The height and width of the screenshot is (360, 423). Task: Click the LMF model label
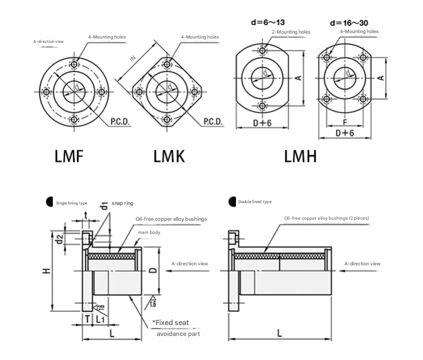coord(69,156)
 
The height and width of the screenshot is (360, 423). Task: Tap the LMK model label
coord(169,156)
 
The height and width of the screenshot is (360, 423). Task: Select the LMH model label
coord(300,156)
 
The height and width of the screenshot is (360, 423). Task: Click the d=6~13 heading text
coord(269,23)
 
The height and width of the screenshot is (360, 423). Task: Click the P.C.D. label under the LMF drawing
coord(120,121)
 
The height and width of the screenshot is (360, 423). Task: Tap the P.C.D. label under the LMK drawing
coord(213,121)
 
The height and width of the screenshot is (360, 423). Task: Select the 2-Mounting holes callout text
coord(290,32)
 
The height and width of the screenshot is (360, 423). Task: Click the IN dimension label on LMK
coord(132,58)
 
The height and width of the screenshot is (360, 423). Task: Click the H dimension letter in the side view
coord(47,270)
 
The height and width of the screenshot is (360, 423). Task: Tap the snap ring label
coord(122,203)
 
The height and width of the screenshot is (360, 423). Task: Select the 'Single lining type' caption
coord(72,203)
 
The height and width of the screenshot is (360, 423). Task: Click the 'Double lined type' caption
coord(255,202)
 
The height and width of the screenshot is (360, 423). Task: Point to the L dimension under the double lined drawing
coord(280,333)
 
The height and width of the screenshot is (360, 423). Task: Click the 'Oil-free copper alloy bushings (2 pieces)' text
coord(326,219)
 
